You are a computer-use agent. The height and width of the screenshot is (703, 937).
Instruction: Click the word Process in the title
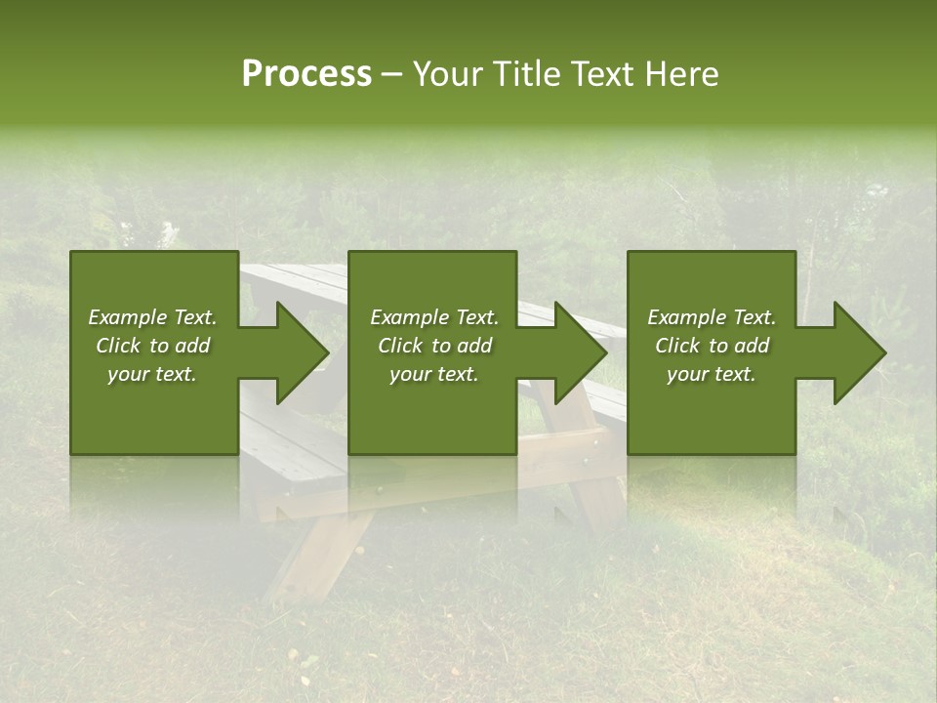coord(306,74)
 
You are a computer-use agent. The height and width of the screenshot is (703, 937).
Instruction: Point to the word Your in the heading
coord(449,74)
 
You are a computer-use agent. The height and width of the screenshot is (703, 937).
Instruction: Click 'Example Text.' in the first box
coord(153,317)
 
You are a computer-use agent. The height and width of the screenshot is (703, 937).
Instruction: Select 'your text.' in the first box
coord(153,374)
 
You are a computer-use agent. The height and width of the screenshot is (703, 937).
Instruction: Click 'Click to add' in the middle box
coord(434,346)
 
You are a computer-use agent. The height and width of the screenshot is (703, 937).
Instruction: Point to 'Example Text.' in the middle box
coord(434,317)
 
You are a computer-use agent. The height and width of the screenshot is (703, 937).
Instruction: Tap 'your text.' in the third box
coord(712,374)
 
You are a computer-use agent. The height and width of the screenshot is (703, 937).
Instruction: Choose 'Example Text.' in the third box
coord(712,317)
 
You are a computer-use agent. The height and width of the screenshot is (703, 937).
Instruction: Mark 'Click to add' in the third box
coord(712,346)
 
